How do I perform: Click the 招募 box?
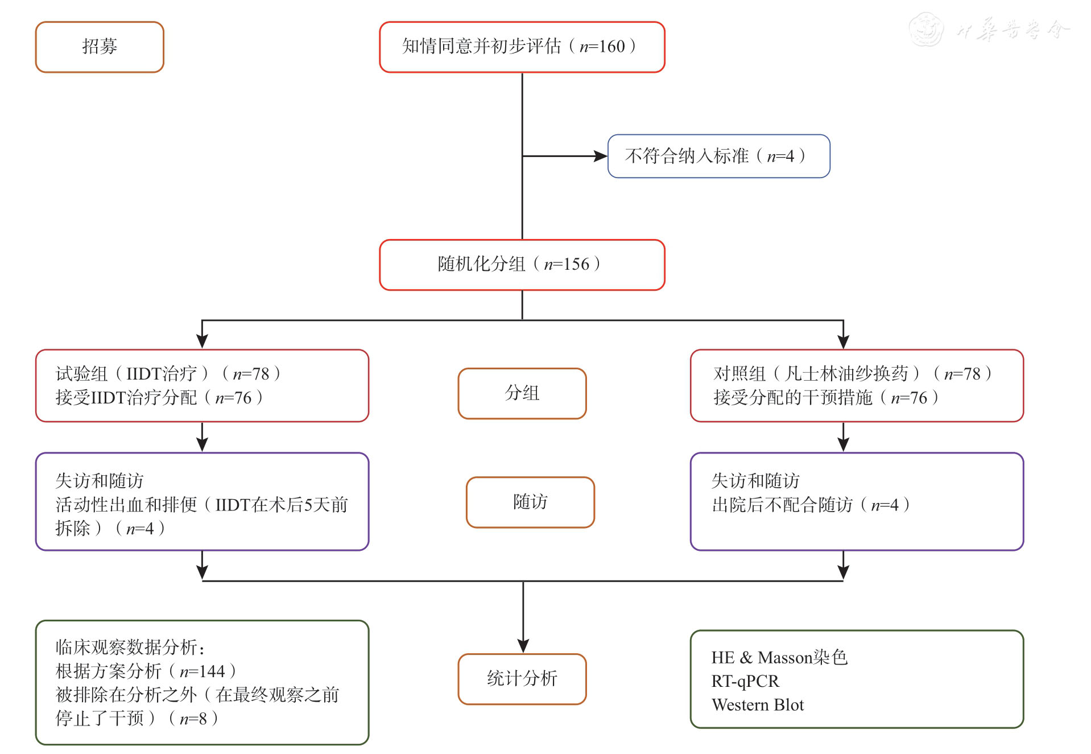(100, 47)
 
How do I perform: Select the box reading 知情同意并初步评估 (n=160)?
(522, 47)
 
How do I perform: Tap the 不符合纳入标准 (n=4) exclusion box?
(718, 156)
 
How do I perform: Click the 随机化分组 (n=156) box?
(522, 265)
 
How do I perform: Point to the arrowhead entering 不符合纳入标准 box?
(600, 156)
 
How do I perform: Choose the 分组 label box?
(522, 393)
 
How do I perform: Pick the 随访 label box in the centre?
(530, 502)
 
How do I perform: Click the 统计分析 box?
(522, 679)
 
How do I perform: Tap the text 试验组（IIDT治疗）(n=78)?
(168, 374)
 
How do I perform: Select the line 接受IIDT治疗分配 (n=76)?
(159, 398)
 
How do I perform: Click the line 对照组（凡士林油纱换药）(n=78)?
(852, 374)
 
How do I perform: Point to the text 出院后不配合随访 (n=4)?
(811, 505)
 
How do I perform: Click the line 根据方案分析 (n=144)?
(146, 671)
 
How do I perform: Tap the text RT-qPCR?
(745, 681)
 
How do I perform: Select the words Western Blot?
(758, 705)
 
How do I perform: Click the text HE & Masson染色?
(779, 658)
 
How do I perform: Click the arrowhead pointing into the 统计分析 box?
(523, 646)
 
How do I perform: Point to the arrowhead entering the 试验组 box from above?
(202, 341)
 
